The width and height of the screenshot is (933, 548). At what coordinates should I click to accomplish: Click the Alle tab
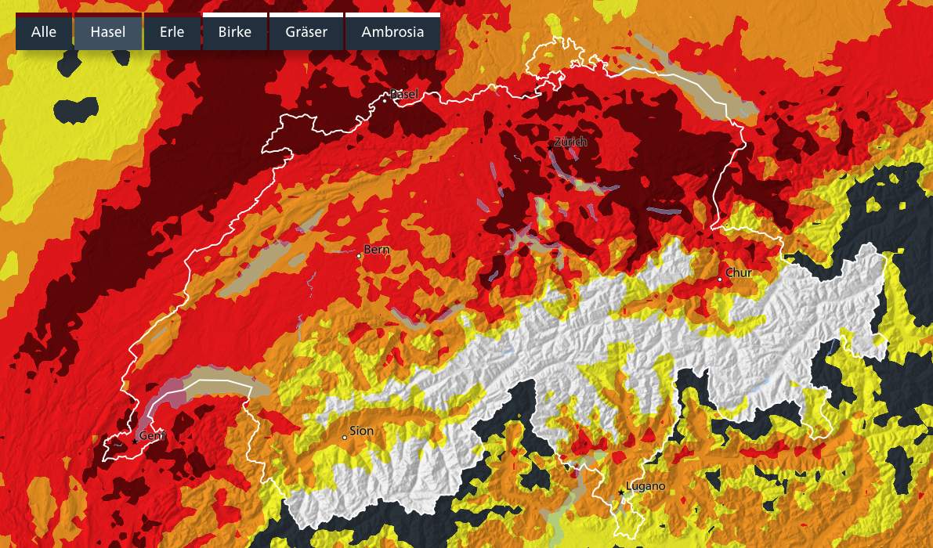44,33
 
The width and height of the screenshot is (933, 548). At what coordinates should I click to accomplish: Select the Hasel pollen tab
108,33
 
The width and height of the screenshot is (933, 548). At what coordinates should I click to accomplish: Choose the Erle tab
172,33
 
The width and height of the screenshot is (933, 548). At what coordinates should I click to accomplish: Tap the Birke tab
235,33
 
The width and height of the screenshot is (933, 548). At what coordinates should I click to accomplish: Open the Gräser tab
306,33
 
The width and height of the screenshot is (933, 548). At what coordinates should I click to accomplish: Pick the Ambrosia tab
392,33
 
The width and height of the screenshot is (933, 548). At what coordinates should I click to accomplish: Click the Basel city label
404,94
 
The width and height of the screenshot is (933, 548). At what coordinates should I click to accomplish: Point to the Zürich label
570,142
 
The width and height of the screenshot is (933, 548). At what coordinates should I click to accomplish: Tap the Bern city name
377,250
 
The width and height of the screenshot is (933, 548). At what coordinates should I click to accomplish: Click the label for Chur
739,273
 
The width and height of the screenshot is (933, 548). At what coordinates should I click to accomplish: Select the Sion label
362,431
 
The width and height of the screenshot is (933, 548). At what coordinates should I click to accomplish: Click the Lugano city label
646,486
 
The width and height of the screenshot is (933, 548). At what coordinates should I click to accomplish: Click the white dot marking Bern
360,255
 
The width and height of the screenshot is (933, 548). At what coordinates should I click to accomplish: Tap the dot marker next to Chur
720,279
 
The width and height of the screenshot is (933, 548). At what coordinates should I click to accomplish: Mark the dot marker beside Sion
345,437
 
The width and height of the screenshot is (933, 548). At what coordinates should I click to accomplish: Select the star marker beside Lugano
622,492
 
